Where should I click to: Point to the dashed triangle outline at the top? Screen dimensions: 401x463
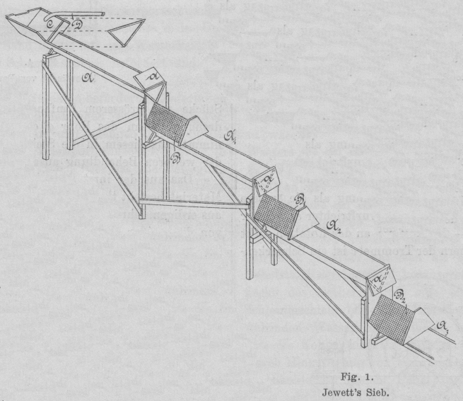(x=127, y=31)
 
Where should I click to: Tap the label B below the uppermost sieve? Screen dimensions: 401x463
(x=176, y=156)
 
